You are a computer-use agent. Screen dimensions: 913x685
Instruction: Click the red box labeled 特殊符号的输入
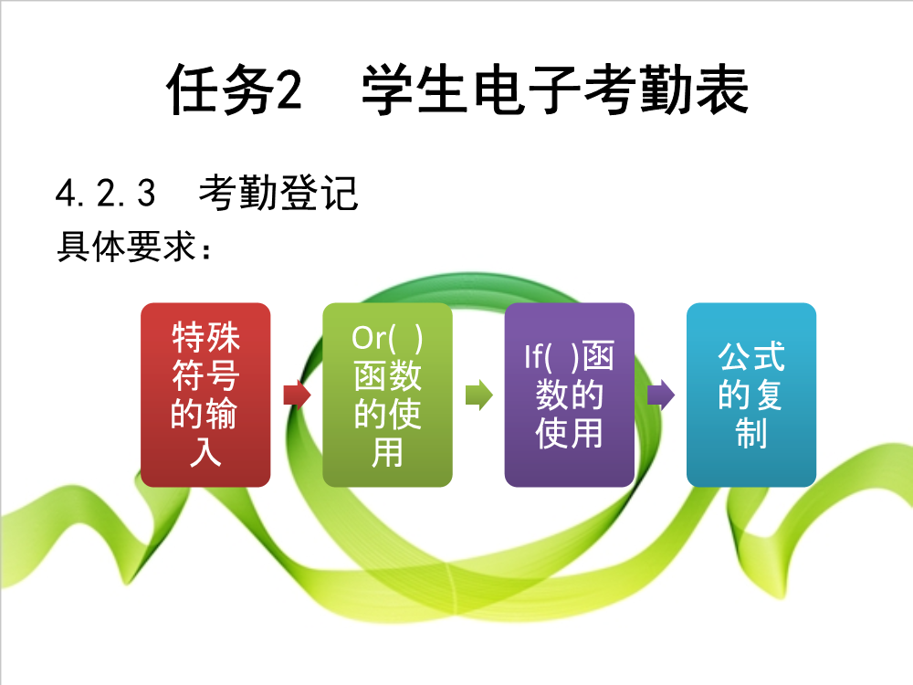205,395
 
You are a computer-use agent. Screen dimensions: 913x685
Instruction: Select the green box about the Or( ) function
388,395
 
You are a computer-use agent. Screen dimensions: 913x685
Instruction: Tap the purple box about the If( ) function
570,395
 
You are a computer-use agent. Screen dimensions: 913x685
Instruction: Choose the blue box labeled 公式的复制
751,395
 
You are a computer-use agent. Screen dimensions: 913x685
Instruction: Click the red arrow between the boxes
297,395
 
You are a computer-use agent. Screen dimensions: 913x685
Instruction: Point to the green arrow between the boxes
479,395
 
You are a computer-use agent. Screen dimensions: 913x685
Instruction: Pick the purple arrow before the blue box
661,395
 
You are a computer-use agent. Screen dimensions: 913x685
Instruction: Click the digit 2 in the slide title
289,90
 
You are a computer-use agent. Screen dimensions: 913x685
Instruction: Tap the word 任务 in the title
221,90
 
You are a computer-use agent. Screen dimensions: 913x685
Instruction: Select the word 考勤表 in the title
666,90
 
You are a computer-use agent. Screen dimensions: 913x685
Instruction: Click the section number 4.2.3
105,194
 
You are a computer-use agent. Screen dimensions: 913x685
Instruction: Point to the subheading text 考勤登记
278,193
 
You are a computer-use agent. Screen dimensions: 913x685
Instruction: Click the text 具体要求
126,247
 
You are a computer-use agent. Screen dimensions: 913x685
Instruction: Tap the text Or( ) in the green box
387,338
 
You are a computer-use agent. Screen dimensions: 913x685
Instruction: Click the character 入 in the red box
205,452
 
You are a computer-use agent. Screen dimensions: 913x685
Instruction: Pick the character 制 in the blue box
751,433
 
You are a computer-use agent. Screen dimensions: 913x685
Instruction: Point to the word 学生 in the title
415,90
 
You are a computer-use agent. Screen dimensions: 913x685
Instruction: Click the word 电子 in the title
527,90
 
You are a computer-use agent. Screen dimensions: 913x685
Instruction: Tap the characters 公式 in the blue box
751,356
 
